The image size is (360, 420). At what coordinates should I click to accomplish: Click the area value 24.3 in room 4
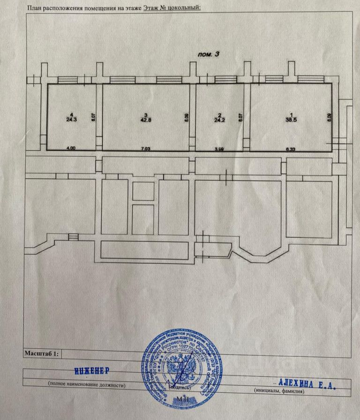(x=71, y=119)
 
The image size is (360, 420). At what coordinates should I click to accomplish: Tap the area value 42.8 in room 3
(x=146, y=120)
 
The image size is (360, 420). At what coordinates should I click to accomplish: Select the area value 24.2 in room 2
(x=218, y=120)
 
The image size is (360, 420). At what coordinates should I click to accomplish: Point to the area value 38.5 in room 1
(x=292, y=120)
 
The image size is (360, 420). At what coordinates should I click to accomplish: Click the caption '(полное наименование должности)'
(x=87, y=385)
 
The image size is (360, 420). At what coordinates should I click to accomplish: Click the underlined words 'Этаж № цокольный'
(x=172, y=8)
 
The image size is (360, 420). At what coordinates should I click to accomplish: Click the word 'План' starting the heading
(x=36, y=8)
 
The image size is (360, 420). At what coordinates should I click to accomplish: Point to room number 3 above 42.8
(x=146, y=115)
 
